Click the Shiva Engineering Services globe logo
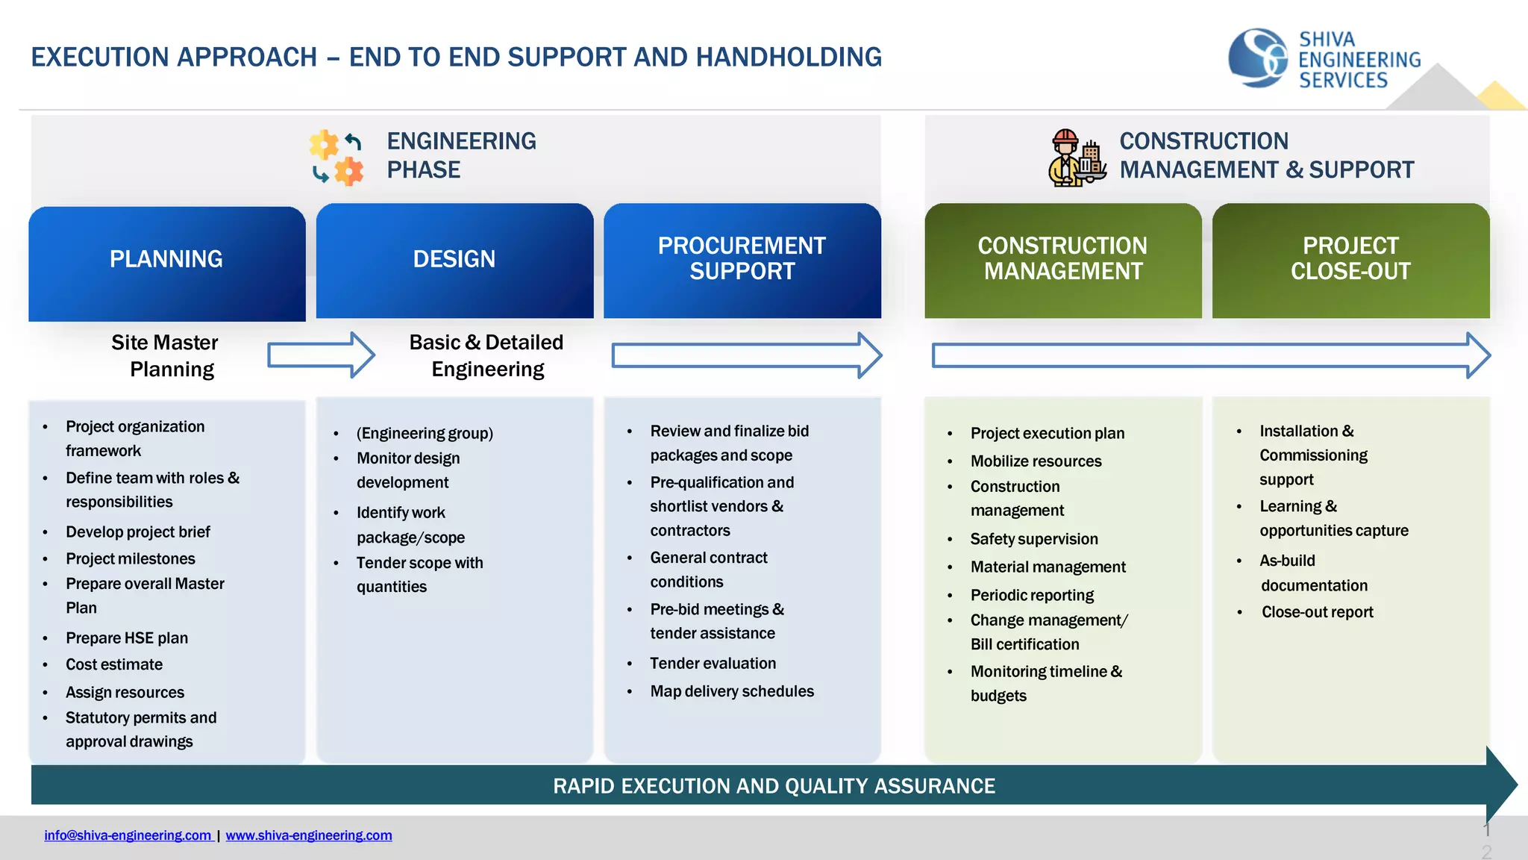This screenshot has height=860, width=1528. [x=1258, y=58]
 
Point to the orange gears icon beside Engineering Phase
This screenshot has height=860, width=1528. [x=337, y=157]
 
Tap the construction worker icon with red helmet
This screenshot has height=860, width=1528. [x=1076, y=158]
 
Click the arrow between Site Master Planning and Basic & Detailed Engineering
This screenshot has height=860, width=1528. [x=321, y=355]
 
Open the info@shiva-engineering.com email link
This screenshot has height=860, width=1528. [x=128, y=835]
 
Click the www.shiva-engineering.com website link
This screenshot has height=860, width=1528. [x=309, y=835]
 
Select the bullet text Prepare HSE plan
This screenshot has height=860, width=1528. [x=127, y=638]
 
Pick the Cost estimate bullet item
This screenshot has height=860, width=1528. [x=114, y=664]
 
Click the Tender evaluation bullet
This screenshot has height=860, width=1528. [x=713, y=664]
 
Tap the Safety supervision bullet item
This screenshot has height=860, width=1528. [x=1033, y=539]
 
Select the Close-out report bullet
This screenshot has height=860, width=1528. [x=1317, y=612]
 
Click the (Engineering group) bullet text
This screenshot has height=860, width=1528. [x=425, y=434]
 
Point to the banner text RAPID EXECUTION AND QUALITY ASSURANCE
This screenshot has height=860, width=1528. [x=774, y=786]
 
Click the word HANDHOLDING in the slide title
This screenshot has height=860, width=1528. [x=789, y=57]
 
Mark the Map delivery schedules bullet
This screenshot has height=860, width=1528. [x=731, y=691]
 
